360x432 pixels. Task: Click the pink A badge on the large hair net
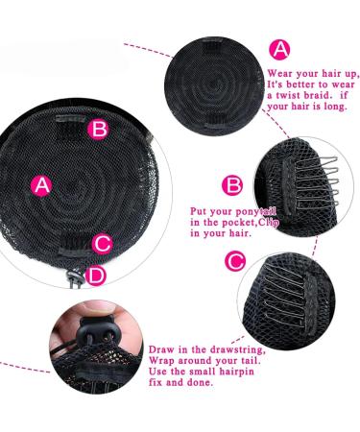41,186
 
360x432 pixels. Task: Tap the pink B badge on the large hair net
98,128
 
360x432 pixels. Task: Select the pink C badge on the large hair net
104,243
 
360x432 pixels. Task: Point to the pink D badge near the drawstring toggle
96,276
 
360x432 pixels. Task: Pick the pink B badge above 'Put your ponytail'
231,185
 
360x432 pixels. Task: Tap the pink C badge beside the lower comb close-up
233,260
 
